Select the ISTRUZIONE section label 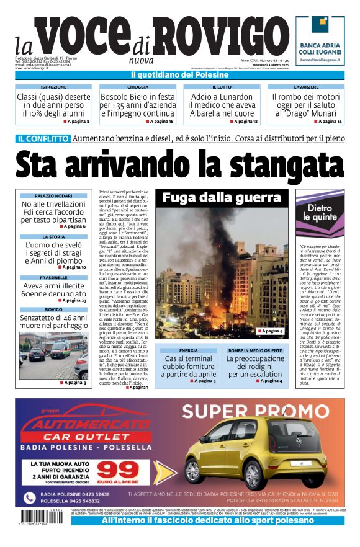[53, 87]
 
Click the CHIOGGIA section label [137, 87]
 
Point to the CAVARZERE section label [306, 87]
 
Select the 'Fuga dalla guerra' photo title [222, 198]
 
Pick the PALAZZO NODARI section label [53, 196]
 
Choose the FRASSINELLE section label [53, 277]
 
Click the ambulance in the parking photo [61, 347]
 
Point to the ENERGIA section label [189, 350]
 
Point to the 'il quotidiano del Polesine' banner [180, 75]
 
